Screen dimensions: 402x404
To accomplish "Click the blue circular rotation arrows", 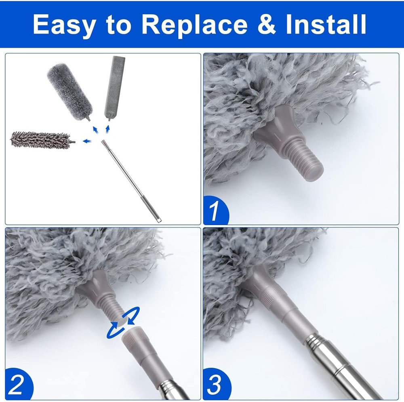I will click(123, 322).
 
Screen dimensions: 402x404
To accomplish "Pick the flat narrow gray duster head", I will click(114, 87).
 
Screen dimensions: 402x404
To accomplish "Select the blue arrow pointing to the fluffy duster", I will click(95, 129).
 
